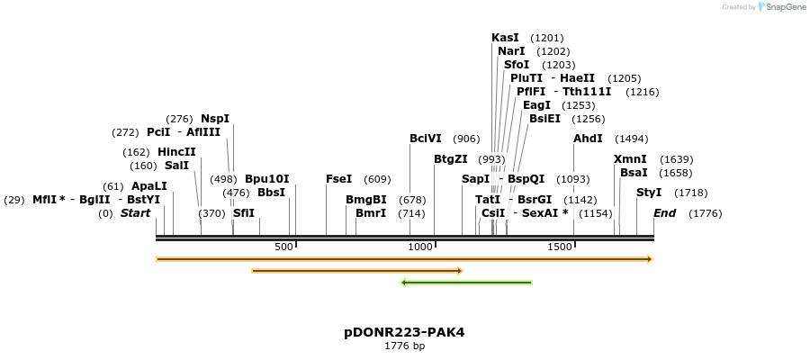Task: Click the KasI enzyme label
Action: [505, 38]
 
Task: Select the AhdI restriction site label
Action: [588, 139]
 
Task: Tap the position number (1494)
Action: [631, 139]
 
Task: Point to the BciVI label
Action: [426, 139]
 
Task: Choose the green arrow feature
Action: [466, 283]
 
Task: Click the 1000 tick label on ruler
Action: [420, 247]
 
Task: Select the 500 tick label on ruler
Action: [283, 247]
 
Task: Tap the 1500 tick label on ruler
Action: [559, 247]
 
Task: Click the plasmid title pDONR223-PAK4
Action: [404, 332]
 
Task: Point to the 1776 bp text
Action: [404, 346]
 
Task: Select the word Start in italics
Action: [135, 213]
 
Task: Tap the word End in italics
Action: [664, 213]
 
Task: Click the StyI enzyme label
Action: [649, 193]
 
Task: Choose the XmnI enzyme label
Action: [630, 159]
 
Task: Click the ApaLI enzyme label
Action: [149, 186]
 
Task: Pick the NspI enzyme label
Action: [215, 119]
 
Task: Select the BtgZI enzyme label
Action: [450, 159]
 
